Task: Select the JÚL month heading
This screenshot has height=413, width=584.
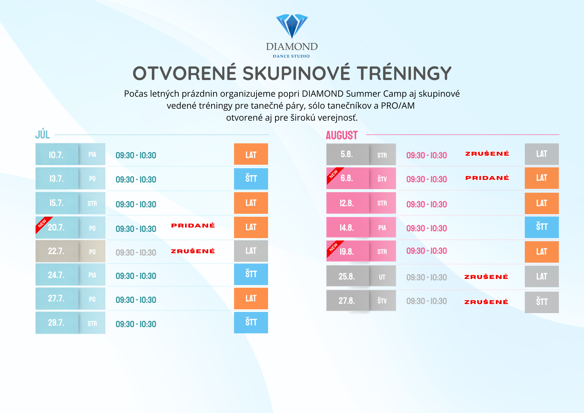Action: point(43,134)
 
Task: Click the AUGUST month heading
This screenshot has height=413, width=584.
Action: point(342,135)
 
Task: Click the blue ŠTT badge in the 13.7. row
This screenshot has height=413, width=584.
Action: point(251,179)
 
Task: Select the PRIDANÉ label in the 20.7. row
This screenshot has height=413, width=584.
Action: point(193,225)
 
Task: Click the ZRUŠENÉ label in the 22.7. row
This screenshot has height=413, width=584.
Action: point(193,251)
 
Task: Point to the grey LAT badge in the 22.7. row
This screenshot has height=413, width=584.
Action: point(251,251)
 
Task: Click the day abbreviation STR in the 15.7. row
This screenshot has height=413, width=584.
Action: point(92,204)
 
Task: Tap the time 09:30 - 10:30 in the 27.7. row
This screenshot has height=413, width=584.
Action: point(136,300)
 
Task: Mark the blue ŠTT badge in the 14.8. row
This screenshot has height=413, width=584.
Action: point(542,227)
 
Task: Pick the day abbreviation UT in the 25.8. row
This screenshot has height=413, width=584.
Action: point(382,277)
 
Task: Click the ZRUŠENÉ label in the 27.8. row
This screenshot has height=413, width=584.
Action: point(486,302)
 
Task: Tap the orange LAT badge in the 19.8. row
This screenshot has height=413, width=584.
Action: point(542,252)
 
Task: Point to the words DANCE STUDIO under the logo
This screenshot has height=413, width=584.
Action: point(291,56)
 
